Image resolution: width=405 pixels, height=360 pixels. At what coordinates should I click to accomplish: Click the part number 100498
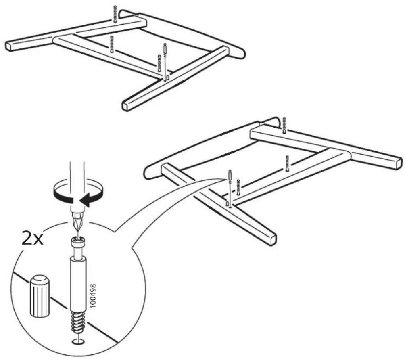coord(94,296)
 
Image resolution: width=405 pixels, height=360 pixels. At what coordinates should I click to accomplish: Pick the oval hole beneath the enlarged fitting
coord(78,342)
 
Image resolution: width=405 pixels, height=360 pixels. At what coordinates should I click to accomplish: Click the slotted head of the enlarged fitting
coord(78,243)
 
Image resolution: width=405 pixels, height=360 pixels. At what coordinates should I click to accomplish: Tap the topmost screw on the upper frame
coord(115,13)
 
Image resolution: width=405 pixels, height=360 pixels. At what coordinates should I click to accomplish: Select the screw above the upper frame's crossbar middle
coord(112,44)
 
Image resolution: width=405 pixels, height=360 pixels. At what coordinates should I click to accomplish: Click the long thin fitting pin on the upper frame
coord(165,62)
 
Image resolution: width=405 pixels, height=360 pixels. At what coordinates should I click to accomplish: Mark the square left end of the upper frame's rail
coord(9,46)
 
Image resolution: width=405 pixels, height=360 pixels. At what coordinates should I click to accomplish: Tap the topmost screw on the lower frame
coord(284,126)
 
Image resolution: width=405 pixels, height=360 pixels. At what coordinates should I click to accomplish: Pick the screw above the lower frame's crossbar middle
coord(287,163)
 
